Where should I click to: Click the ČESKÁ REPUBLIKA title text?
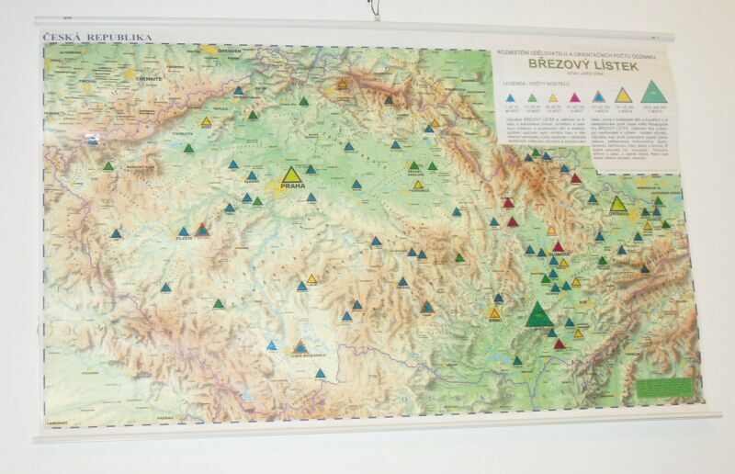click(x=97, y=38)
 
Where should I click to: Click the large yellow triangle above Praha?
click(x=292, y=175)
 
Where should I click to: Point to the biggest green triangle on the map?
click(x=540, y=315)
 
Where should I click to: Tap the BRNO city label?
click(x=494, y=322)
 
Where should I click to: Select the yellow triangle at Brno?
click(x=494, y=312)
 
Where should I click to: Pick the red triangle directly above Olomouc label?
click(x=557, y=246)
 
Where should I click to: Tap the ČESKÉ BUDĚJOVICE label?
click(x=301, y=355)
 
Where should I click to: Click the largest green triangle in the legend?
click(x=653, y=90)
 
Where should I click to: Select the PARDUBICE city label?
click(x=418, y=191)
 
